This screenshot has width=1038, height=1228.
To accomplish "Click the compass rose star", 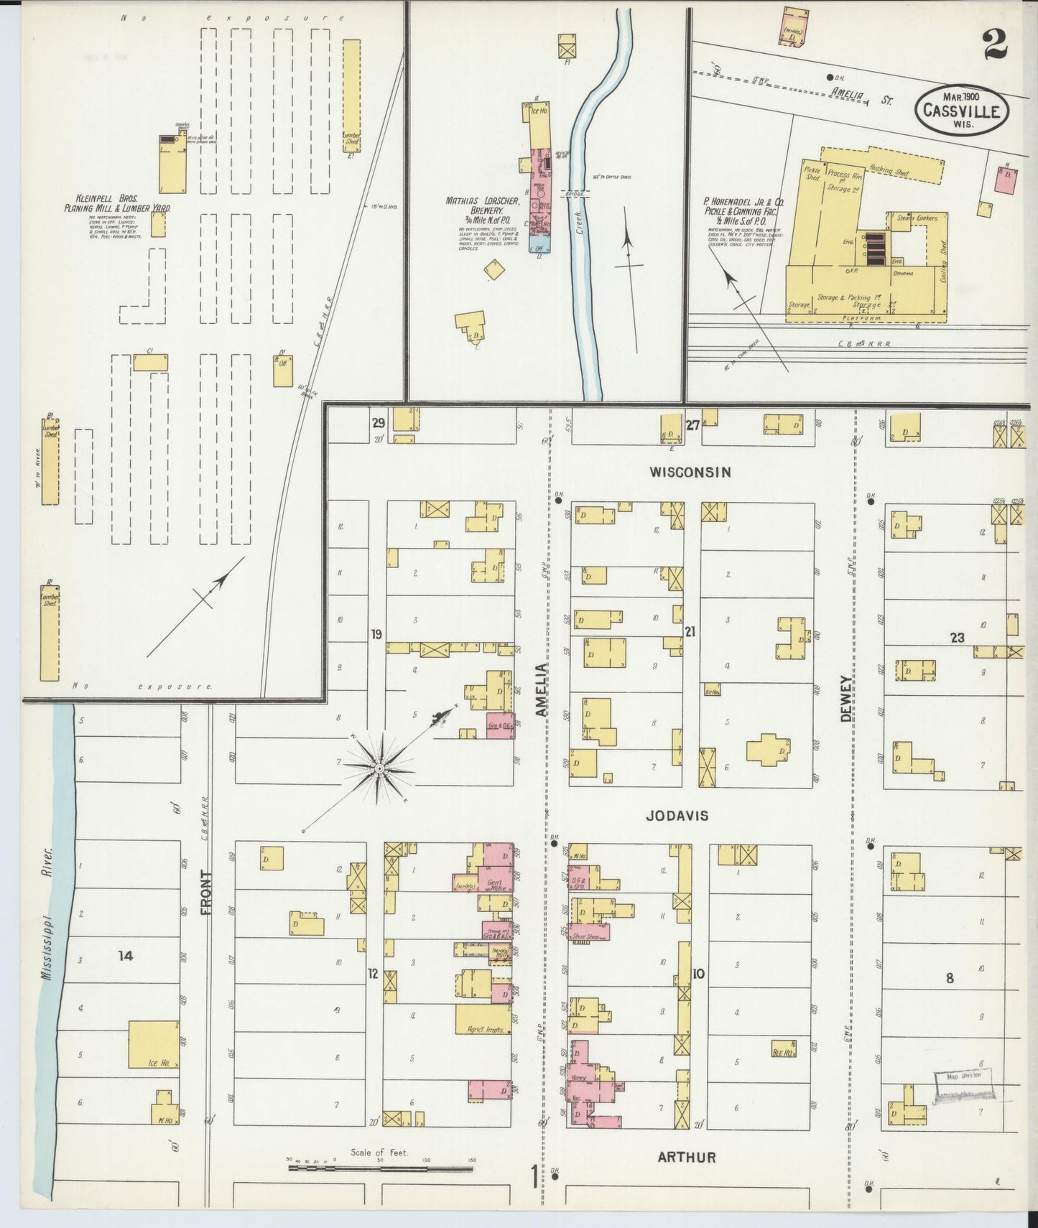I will pyautogui.click(x=379, y=768).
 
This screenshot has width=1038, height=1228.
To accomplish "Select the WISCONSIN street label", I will pyautogui.click(x=690, y=472).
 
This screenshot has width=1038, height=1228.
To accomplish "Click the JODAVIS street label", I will pyautogui.click(x=677, y=816).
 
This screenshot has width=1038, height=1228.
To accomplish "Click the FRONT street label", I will pyautogui.click(x=206, y=893).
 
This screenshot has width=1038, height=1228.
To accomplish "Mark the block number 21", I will pyautogui.click(x=690, y=632).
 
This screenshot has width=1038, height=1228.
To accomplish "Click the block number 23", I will pyautogui.click(x=957, y=637).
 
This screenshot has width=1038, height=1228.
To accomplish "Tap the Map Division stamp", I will pyautogui.click(x=964, y=1083).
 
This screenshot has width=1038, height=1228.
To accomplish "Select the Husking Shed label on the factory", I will pyautogui.click(x=889, y=172).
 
